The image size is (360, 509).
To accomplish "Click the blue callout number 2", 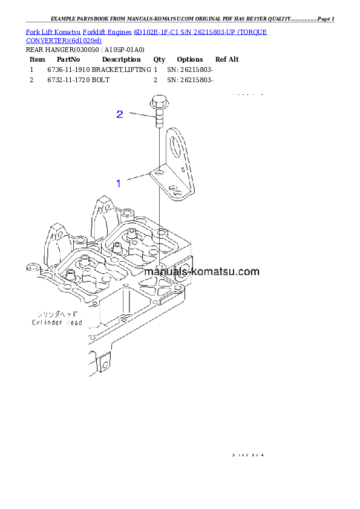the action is click(120, 114).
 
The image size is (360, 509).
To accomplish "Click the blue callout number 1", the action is click(119, 182).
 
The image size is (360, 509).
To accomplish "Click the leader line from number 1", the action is click(136, 178).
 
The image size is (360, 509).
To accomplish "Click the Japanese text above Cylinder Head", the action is click(54, 315).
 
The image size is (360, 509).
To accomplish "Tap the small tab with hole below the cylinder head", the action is click(106, 363).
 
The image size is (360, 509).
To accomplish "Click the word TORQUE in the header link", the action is click(252, 31).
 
